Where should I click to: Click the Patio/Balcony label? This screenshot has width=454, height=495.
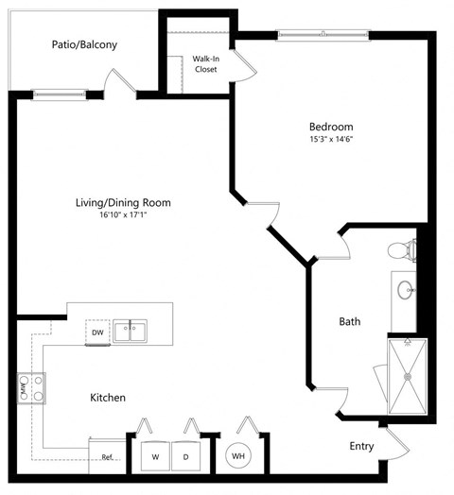(x=85, y=44)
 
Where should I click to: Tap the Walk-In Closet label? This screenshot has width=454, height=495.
(x=205, y=63)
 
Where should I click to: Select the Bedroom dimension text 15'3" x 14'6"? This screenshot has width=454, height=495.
(x=330, y=140)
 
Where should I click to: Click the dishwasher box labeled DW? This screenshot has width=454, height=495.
(x=97, y=333)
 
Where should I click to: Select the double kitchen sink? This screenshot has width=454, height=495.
(x=130, y=332)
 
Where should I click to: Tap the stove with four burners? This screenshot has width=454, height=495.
(x=30, y=387)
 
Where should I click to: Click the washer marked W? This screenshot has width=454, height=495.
(x=154, y=457)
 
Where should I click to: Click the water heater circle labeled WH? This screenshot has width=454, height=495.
(x=237, y=456)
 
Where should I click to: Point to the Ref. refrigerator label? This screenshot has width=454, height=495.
(x=108, y=458)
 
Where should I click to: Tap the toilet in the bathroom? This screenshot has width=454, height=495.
(x=403, y=251)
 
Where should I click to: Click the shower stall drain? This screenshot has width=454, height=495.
(x=409, y=376)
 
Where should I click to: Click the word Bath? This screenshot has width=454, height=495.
(x=350, y=322)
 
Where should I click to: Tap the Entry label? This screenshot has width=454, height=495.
(x=361, y=447)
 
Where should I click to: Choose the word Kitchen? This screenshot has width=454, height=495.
(x=108, y=398)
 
